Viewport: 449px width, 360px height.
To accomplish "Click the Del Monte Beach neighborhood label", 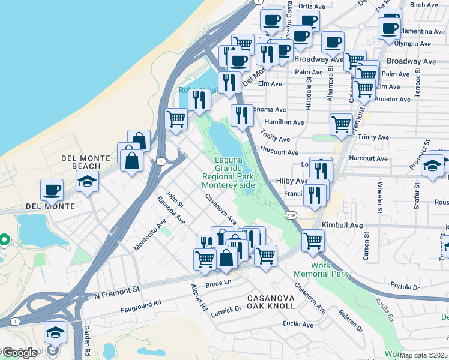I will point(86,162).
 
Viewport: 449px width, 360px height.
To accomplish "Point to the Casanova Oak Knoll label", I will point(271,302).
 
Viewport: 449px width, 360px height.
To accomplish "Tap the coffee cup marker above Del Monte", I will point(52,190).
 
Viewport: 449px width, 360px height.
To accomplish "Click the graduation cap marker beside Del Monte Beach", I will point(87,181).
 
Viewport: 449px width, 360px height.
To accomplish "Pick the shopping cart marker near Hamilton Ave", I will point(341,124).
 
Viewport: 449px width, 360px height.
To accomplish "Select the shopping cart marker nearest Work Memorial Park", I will point(313,241).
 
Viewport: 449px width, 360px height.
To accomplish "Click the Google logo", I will point(20,352).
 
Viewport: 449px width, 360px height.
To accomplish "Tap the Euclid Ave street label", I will point(298,324).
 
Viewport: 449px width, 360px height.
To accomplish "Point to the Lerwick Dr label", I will point(226,309).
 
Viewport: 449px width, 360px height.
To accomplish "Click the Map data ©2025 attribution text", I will point(424,355).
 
